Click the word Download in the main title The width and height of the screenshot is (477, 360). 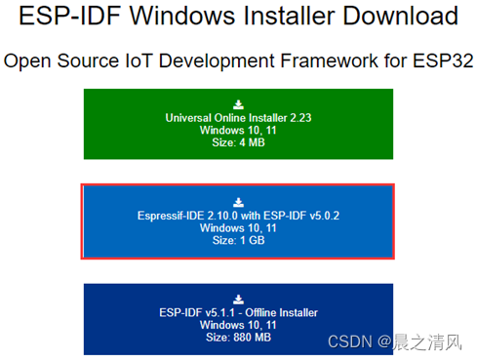coord(394,17)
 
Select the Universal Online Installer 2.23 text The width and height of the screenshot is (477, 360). coord(239,117)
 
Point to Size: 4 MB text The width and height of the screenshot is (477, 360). coord(239,142)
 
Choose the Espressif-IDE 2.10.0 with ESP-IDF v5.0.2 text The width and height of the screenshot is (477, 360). coord(239,215)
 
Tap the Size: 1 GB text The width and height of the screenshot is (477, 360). coord(239,240)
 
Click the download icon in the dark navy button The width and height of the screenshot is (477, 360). coord(239,299)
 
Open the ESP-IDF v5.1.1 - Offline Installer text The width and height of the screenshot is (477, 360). coord(239,312)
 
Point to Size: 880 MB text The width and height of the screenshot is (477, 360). coord(239,338)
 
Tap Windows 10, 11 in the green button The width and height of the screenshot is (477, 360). coord(239,130)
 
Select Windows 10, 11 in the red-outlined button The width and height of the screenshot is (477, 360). coord(239,227)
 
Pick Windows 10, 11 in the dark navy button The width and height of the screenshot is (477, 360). coord(239,325)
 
